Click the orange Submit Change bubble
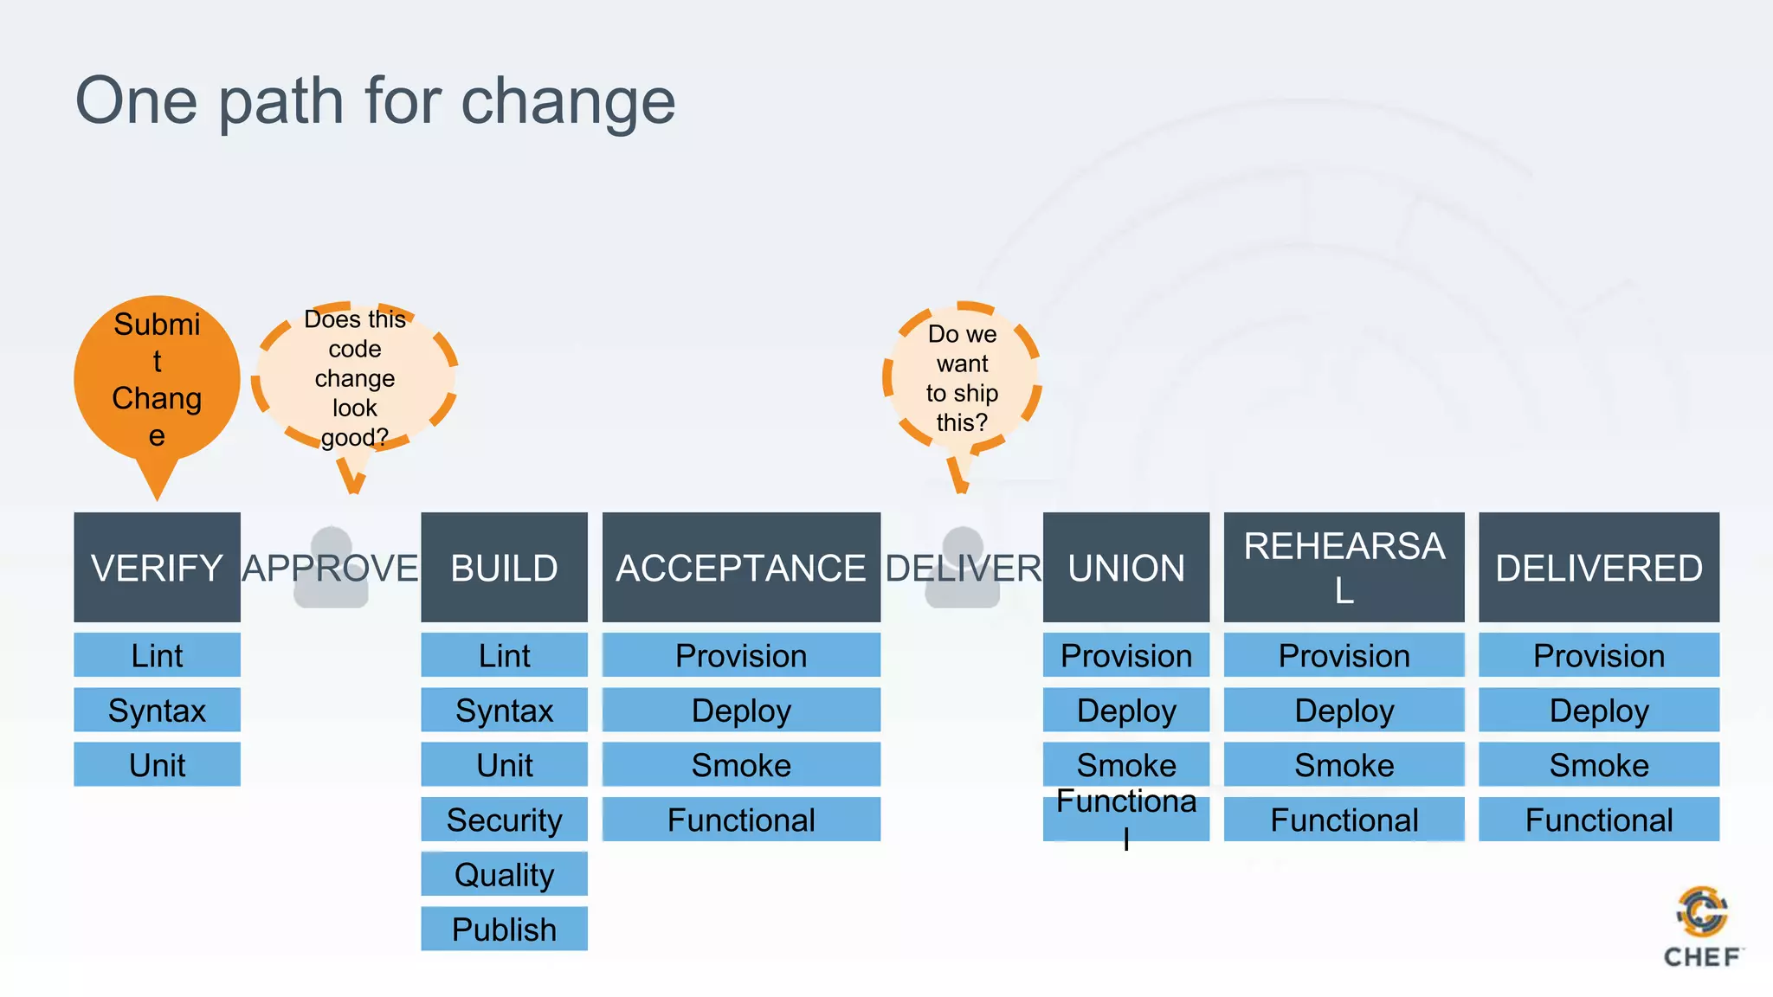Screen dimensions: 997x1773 tap(157, 379)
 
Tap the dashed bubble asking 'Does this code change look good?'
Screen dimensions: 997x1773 tap(354, 377)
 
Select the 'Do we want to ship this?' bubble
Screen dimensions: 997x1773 tap(962, 378)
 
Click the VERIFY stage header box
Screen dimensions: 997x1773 tap(157, 567)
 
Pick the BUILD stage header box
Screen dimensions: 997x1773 tap(504, 567)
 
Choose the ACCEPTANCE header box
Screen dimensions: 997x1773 tap(741, 567)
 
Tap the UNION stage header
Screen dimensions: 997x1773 tap(1125, 567)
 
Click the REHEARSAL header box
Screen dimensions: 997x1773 tap(1344, 567)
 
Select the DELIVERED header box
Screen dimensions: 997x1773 tap(1598, 567)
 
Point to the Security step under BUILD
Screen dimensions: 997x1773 tap(504, 819)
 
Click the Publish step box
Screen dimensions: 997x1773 tap(504, 929)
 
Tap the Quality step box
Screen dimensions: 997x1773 tap(504, 874)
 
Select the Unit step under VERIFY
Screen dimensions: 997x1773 tap(157, 764)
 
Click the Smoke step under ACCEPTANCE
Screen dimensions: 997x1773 tap(741, 764)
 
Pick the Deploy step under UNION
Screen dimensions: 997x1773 tap(1125, 710)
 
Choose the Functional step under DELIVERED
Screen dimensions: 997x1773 tap(1598, 819)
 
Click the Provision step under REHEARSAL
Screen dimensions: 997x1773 tap(1344, 655)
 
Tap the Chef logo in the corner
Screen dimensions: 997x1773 tap(1702, 926)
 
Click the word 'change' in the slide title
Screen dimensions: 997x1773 tap(567, 102)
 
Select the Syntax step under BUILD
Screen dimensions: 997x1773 tap(504, 710)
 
